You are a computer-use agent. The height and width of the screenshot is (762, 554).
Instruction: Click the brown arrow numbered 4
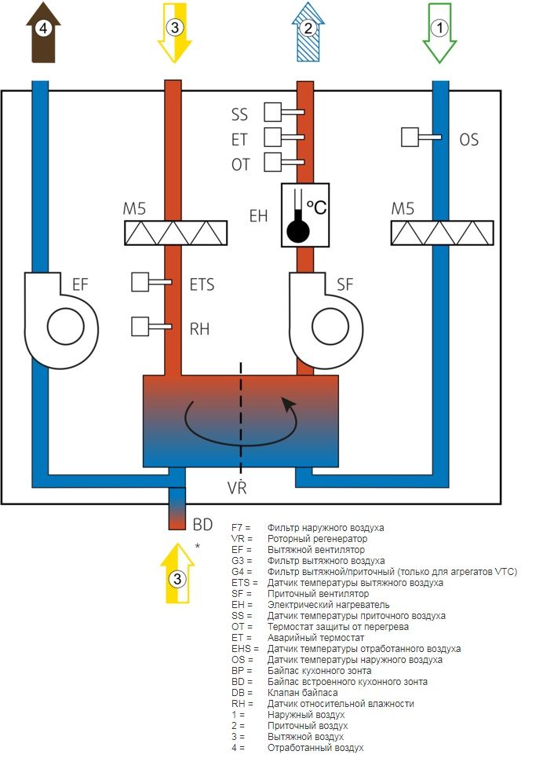coord(43,32)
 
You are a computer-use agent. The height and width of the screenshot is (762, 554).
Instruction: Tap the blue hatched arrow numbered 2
coord(308,32)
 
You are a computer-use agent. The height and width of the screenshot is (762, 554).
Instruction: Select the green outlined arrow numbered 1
coord(439,32)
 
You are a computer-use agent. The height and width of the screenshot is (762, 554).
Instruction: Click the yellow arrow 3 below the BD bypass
coord(177,573)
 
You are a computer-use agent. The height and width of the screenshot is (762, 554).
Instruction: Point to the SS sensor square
coord(273,112)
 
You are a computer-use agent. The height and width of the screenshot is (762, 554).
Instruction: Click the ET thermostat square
coord(273,137)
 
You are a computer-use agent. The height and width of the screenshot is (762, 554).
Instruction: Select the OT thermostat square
coord(273,163)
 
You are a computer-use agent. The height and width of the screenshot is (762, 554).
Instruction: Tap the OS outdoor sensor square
coord(410,137)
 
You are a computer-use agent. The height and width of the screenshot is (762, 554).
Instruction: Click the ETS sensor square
coord(140,282)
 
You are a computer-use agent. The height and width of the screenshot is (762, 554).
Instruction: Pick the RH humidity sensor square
coord(140,327)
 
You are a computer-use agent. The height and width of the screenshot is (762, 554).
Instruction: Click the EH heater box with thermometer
coord(305,214)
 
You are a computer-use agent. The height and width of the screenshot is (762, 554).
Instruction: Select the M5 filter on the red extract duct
coord(176,233)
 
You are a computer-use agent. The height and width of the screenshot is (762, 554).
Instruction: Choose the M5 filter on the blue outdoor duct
coord(443,233)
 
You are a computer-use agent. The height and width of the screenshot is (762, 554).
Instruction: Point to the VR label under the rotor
coord(237,487)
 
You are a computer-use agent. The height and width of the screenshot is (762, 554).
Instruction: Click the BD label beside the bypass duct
coord(203,524)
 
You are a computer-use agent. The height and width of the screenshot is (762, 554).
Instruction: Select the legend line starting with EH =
coord(310,605)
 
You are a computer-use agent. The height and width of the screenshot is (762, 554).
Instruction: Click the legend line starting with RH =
coord(323,703)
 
